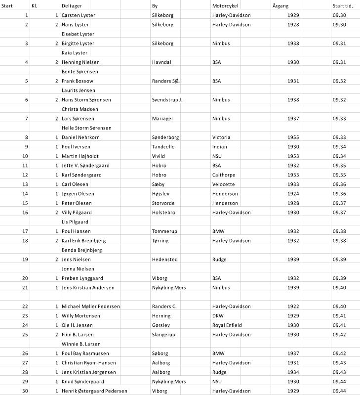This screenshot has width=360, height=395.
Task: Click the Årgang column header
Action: (280, 5)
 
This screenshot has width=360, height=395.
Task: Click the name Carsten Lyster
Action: (78, 15)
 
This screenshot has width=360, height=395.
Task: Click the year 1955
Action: (292, 137)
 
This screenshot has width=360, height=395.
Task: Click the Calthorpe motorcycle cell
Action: (224, 175)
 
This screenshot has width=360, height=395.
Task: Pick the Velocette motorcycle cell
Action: (224, 184)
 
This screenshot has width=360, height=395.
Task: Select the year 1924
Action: (292, 193)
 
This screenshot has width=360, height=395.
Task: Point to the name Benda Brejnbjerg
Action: (81, 250)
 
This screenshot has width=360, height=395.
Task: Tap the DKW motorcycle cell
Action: (218, 315)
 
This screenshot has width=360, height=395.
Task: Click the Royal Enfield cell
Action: (227, 325)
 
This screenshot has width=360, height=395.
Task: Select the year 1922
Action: (292, 306)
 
